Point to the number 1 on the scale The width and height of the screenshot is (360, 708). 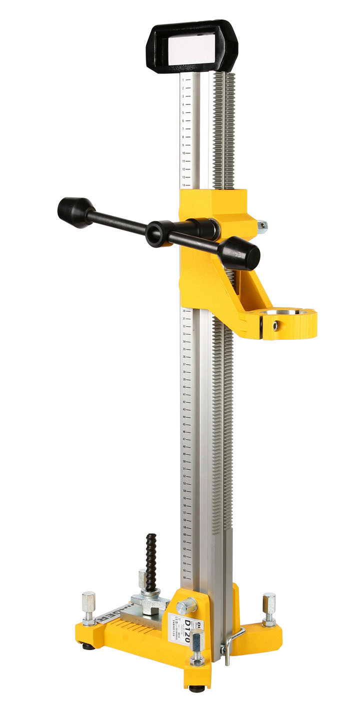(183, 80)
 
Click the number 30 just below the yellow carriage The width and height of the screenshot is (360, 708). (184, 310)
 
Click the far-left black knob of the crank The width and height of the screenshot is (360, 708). (75, 212)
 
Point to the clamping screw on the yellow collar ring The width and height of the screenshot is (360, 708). (274, 326)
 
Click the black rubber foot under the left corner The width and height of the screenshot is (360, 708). (89, 647)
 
